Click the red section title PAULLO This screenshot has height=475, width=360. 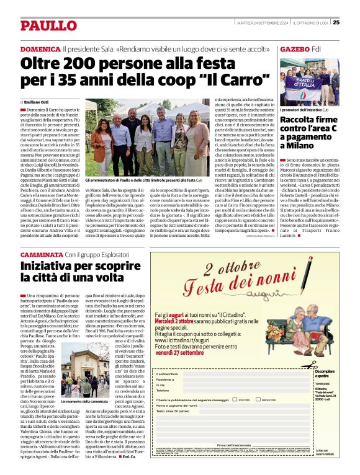[41, 25]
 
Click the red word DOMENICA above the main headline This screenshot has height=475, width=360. [40, 48]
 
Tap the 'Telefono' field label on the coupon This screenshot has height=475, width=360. [163, 391]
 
